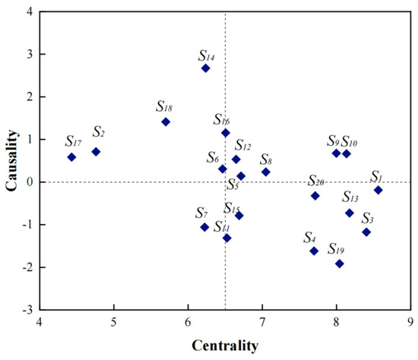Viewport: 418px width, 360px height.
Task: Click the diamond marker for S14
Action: pyautogui.click(x=205, y=68)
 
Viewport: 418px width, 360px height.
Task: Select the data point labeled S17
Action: pyautogui.click(x=71, y=157)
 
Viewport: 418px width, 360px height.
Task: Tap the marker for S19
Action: pyautogui.click(x=339, y=264)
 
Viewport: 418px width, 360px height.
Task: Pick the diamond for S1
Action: pyautogui.click(x=378, y=190)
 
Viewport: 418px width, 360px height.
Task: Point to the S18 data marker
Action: pyautogui.click(x=166, y=122)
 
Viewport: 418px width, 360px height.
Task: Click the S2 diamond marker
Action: pyautogui.click(x=96, y=152)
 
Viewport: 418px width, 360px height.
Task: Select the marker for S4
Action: pyautogui.click(x=314, y=251)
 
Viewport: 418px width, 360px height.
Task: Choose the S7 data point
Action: pyautogui.click(x=204, y=227)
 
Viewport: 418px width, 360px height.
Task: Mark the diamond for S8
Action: pyautogui.click(x=265, y=172)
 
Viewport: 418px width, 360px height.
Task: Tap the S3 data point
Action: pyautogui.click(x=366, y=232)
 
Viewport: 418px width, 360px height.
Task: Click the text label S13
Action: pyautogui.click(x=350, y=197)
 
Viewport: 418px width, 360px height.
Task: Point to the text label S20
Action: pyautogui.click(x=316, y=180)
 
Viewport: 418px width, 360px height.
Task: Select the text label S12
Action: pyautogui.click(x=243, y=145)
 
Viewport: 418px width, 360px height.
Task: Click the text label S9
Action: pyautogui.click(x=333, y=141)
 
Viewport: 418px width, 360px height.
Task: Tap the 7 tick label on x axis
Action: pyautogui.click(x=262, y=322)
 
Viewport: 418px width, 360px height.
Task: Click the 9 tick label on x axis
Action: pyautogui.click(x=411, y=322)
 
